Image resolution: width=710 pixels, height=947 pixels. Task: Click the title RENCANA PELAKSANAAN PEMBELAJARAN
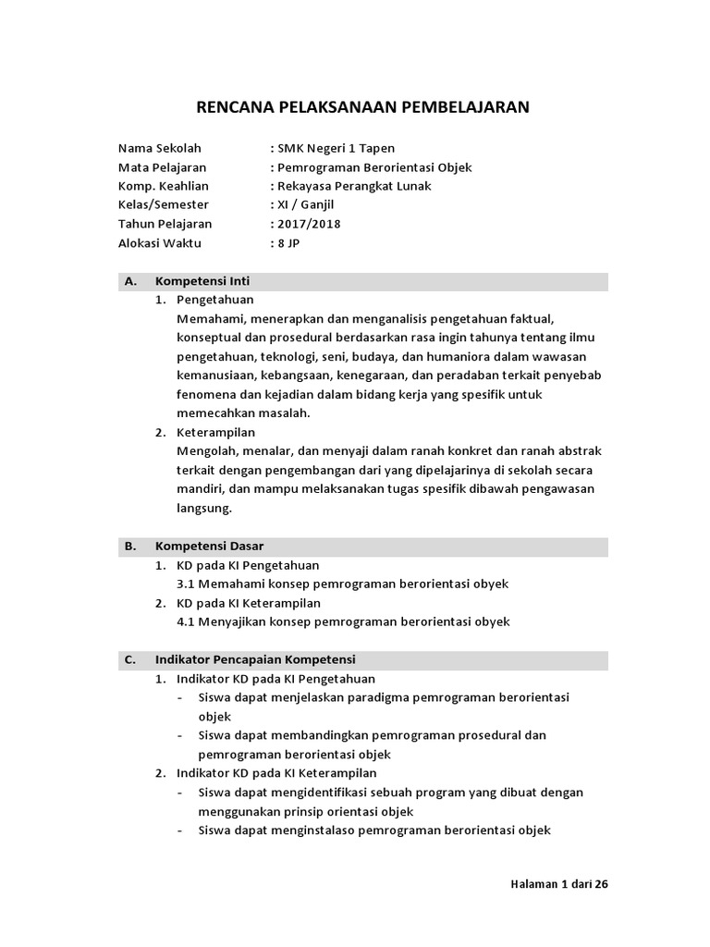[x=362, y=107]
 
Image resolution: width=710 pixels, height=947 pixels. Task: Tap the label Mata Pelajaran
[x=162, y=167]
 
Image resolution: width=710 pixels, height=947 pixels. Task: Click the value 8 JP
[x=288, y=243]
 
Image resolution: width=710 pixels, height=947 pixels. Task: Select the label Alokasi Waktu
[x=159, y=243]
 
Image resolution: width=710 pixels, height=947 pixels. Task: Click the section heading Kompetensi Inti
[x=202, y=281]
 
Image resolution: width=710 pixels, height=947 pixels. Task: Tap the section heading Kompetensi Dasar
[x=206, y=547]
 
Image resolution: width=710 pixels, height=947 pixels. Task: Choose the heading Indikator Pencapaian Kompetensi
[x=255, y=659]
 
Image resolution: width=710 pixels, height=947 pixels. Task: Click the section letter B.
[x=129, y=547]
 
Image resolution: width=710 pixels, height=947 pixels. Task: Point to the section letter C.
[x=129, y=659]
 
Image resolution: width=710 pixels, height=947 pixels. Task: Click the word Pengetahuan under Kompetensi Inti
[x=214, y=300]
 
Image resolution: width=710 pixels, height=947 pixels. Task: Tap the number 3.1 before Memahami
[x=185, y=584]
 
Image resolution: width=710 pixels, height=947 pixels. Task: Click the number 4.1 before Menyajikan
[x=185, y=621]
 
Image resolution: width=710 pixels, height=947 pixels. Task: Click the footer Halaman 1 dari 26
[x=558, y=884]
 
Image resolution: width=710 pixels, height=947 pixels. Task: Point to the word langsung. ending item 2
[x=204, y=509]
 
